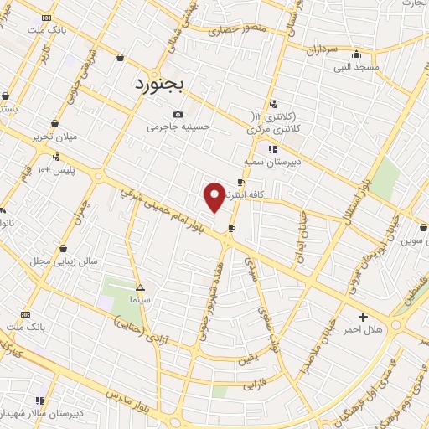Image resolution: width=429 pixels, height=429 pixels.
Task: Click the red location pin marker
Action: coord(214,196)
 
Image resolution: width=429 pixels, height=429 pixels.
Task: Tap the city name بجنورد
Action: coord(163,84)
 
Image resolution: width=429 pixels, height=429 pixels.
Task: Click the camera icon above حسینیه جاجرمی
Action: coord(178,115)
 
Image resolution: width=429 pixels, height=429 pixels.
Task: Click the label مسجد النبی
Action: coord(357,65)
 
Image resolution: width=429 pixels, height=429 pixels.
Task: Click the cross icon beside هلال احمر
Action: coord(362,317)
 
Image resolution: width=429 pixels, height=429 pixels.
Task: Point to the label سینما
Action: coord(140,298)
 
